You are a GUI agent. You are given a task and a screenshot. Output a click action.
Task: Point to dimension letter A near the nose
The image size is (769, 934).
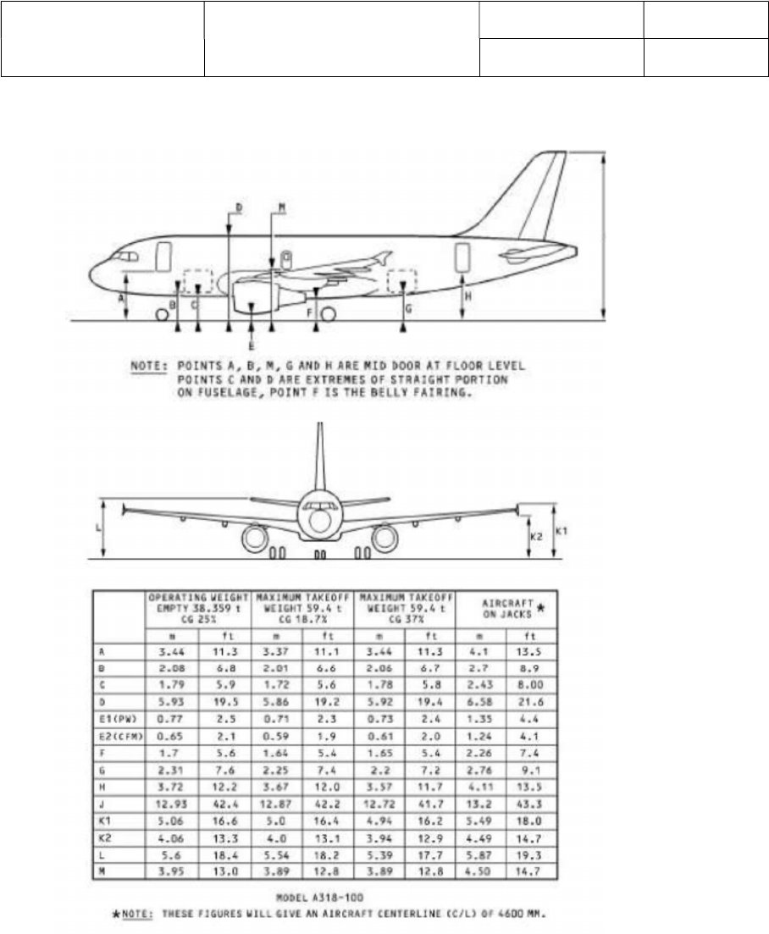(121, 298)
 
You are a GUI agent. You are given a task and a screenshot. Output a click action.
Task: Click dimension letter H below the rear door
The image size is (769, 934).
(467, 296)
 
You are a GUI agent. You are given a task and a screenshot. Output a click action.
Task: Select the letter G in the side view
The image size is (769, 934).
(408, 310)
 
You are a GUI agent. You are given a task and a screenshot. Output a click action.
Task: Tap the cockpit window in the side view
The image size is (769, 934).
(127, 255)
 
